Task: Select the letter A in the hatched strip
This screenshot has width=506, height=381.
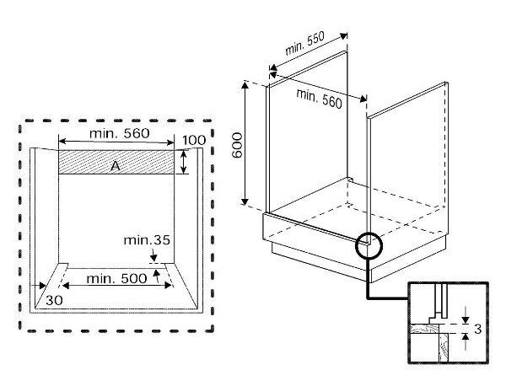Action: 116,167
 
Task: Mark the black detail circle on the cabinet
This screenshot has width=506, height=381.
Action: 369,245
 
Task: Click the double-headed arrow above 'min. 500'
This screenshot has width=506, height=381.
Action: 111,287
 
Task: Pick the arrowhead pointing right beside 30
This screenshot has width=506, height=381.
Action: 43,287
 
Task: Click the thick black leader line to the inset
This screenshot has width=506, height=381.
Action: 368,287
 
